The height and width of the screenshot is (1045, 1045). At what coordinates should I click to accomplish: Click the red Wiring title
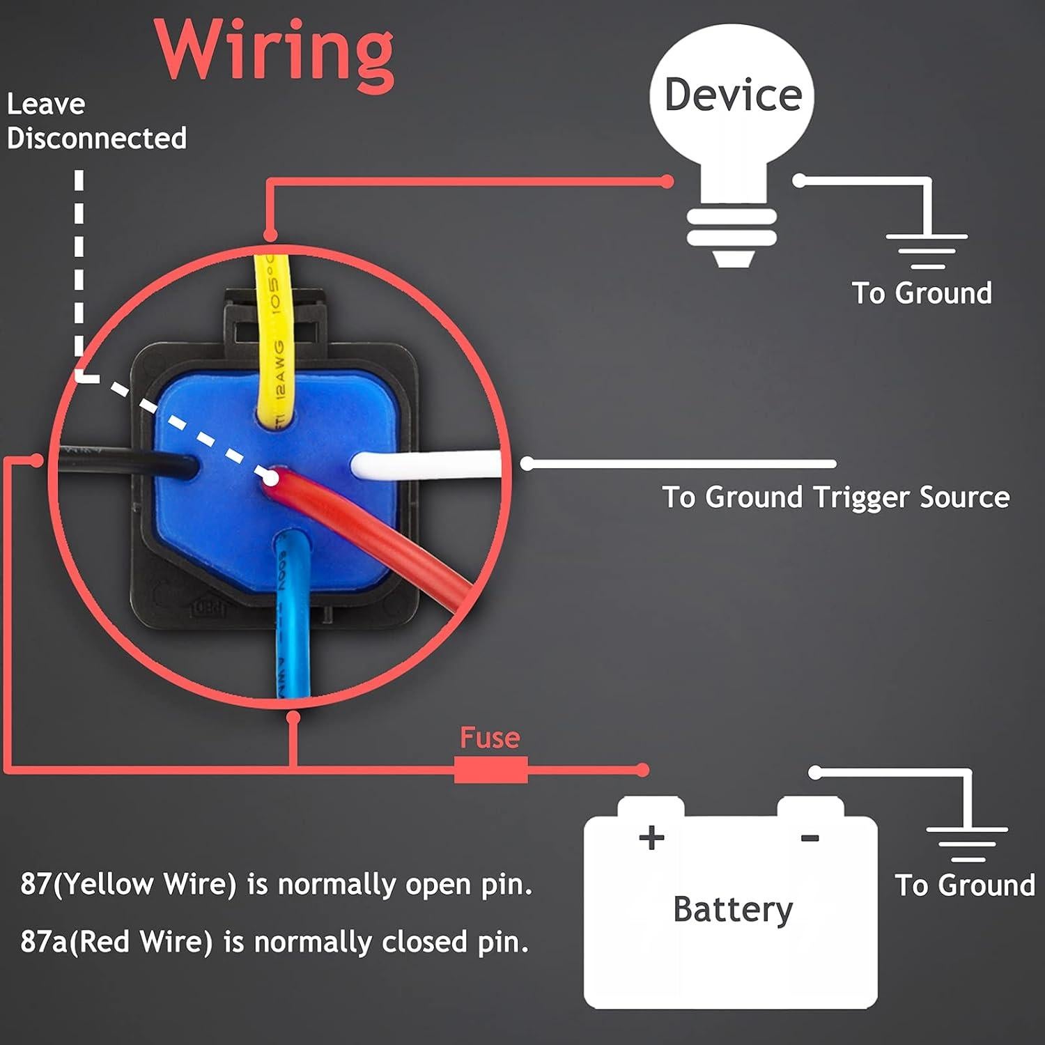coord(274,50)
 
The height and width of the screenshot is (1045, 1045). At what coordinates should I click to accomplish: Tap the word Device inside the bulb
coord(733,95)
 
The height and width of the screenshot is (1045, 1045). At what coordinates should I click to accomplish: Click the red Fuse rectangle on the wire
coord(490,770)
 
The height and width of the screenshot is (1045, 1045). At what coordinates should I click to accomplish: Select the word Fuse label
coord(490,738)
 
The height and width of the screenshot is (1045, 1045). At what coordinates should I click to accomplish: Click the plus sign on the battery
coord(651,837)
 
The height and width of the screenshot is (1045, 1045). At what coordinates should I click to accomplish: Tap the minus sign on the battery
coord(810,838)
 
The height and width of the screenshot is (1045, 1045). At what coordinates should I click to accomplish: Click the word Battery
coord(733,909)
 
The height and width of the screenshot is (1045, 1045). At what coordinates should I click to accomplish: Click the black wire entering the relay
coord(125,460)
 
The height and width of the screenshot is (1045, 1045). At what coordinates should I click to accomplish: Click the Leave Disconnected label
coord(96,121)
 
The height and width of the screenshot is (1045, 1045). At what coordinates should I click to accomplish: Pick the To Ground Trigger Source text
coord(835,497)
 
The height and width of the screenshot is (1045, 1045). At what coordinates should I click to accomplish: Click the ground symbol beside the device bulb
coord(927,250)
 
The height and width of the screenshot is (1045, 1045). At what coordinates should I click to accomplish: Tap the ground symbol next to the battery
coord(967,844)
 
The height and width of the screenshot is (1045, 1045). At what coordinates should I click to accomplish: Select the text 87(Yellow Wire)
coord(128,884)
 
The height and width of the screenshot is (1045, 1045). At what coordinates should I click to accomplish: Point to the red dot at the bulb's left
coord(667,182)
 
